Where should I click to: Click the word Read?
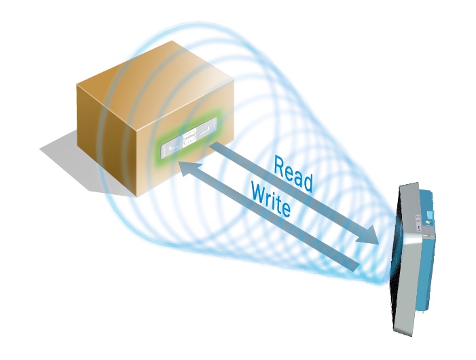point(293,173)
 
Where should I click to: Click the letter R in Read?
point(279,164)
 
